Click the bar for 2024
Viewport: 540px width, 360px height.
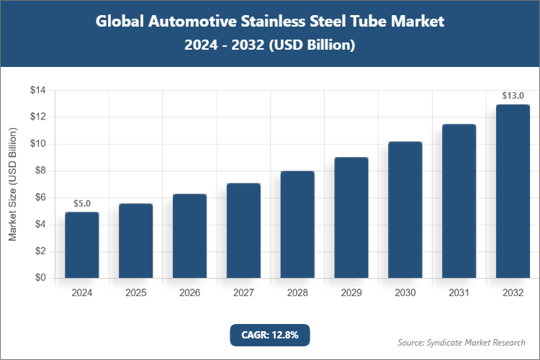81,245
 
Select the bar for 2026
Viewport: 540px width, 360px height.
189,236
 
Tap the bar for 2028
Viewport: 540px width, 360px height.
297,225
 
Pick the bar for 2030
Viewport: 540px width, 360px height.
405,210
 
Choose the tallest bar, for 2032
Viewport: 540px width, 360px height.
513,191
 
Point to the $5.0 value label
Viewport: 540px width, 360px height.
81,204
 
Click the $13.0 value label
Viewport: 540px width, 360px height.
513,96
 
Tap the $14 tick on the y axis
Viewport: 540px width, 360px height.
37,90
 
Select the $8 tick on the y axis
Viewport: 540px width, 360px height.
40,171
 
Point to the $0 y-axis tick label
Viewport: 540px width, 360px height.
40,278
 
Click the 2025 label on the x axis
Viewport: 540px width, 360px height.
135,293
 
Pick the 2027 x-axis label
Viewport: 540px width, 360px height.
243,293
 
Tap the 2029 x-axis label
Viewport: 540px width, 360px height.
351,293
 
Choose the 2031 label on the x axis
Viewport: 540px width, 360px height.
459,293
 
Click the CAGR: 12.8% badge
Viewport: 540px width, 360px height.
269,335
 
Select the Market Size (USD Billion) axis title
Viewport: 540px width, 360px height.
12,184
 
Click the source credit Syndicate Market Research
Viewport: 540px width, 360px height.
461,342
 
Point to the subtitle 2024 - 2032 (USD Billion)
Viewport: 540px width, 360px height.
270,45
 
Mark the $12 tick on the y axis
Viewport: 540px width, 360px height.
37,117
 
